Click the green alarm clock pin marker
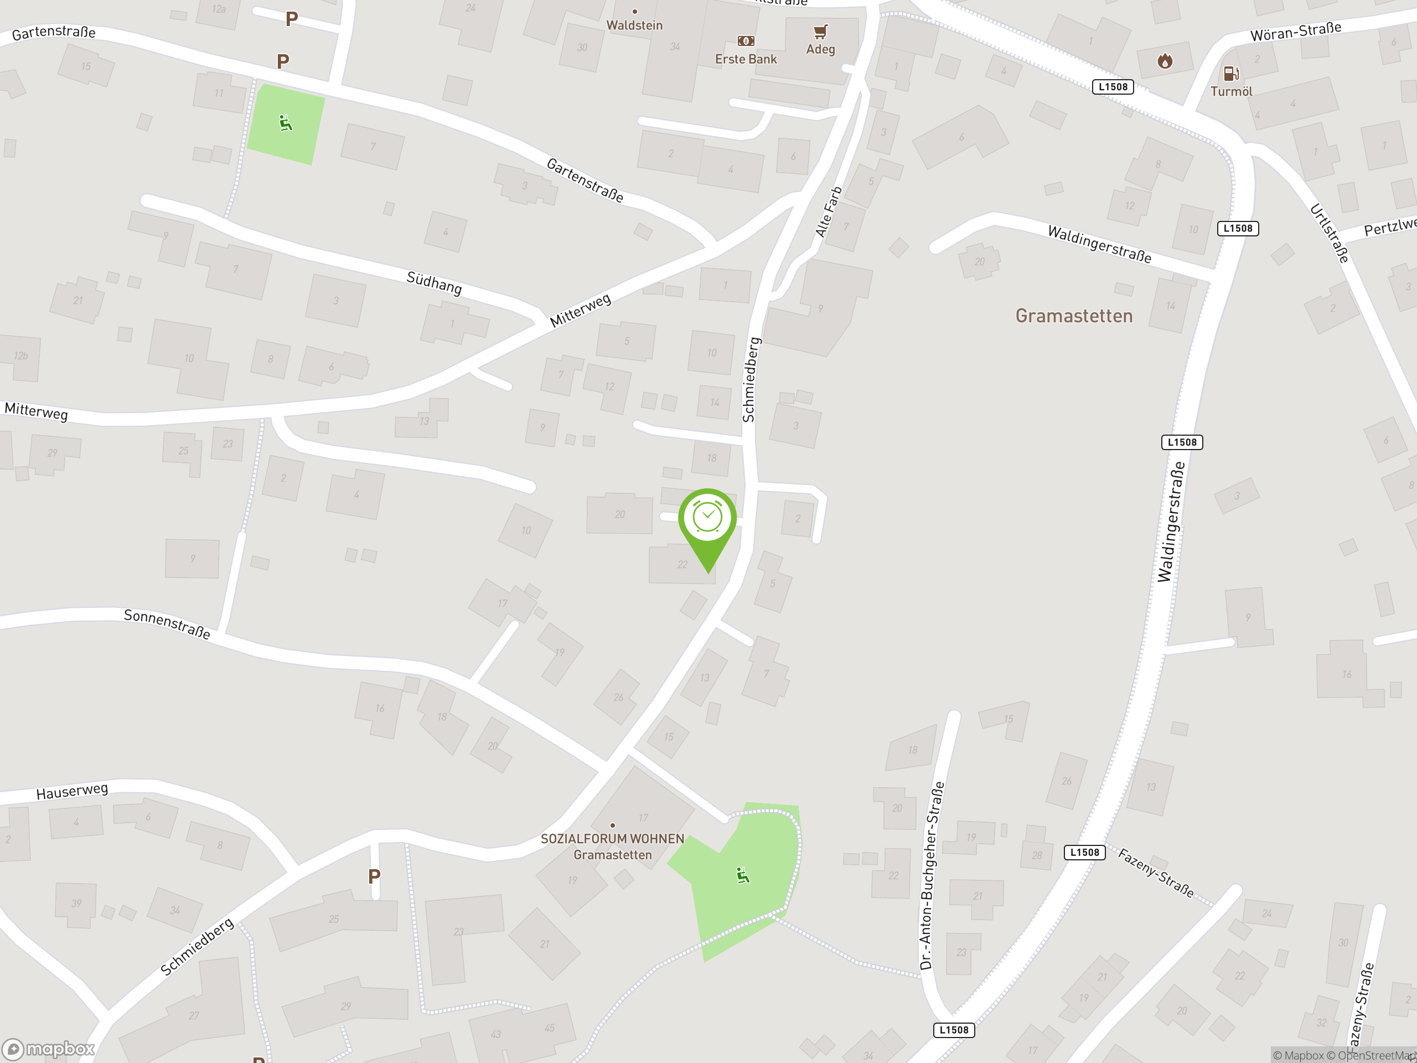click(707, 519)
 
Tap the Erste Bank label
click(746, 59)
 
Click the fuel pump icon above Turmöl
click(1230, 74)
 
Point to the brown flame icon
click(1165, 61)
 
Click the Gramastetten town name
click(1074, 316)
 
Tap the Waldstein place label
click(634, 25)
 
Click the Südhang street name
click(434, 282)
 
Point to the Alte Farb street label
click(828, 212)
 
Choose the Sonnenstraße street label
click(167, 623)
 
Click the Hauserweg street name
click(72, 791)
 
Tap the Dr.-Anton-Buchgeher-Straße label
click(932, 875)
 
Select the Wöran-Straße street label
click(1295, 32)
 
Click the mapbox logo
click(49, 1049)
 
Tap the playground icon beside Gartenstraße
click(286, 123)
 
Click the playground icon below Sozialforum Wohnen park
click(742, 875)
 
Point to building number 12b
click(20, 355)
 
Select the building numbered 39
click(76, 904)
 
